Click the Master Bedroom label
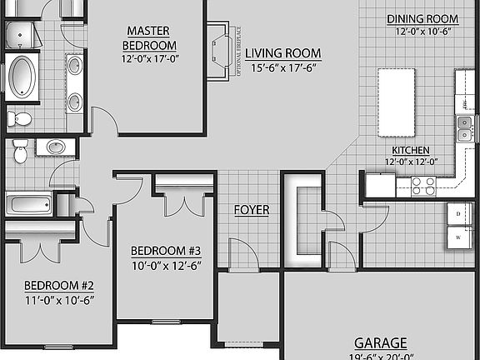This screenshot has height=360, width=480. click(149, 37)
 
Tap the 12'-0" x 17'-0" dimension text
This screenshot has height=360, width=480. click(150, 58)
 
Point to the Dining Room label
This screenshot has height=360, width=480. click(422, 19)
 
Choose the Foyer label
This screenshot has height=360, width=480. click(251, 210)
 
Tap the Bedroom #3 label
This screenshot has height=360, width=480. click(167, 250)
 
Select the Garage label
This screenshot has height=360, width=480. click(381, 342)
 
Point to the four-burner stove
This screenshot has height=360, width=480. click(423, 185)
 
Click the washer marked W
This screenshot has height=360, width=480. click(459, 238)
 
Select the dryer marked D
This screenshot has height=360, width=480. click(459, 214)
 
